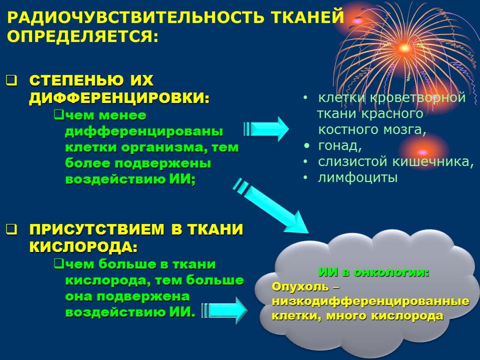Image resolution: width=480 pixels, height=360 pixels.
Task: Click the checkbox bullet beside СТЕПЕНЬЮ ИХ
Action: (x=11, y=80)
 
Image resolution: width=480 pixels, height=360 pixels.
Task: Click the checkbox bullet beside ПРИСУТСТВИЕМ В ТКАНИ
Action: (x=11, y=229)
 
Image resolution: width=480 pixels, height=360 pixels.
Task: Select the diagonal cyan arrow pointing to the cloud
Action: (x=271, y=205)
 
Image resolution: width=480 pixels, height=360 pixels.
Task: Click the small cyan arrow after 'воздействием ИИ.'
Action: (x=224, y=310)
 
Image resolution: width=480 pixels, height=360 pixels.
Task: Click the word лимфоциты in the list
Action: (x=358, y=178)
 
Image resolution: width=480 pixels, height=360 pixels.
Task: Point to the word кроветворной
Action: (x=418, y=97)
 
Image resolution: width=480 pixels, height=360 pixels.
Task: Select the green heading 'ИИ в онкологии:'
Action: (x=374, y=272)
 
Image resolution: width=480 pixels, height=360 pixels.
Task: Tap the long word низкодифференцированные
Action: (x=370, y=301)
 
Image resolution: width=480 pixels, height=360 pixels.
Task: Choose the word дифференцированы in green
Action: (x=144, y=131)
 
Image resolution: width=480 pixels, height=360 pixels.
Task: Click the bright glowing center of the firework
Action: (x=404, y=48)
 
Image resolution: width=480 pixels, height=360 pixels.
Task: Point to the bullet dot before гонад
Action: (x=306, y=145)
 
